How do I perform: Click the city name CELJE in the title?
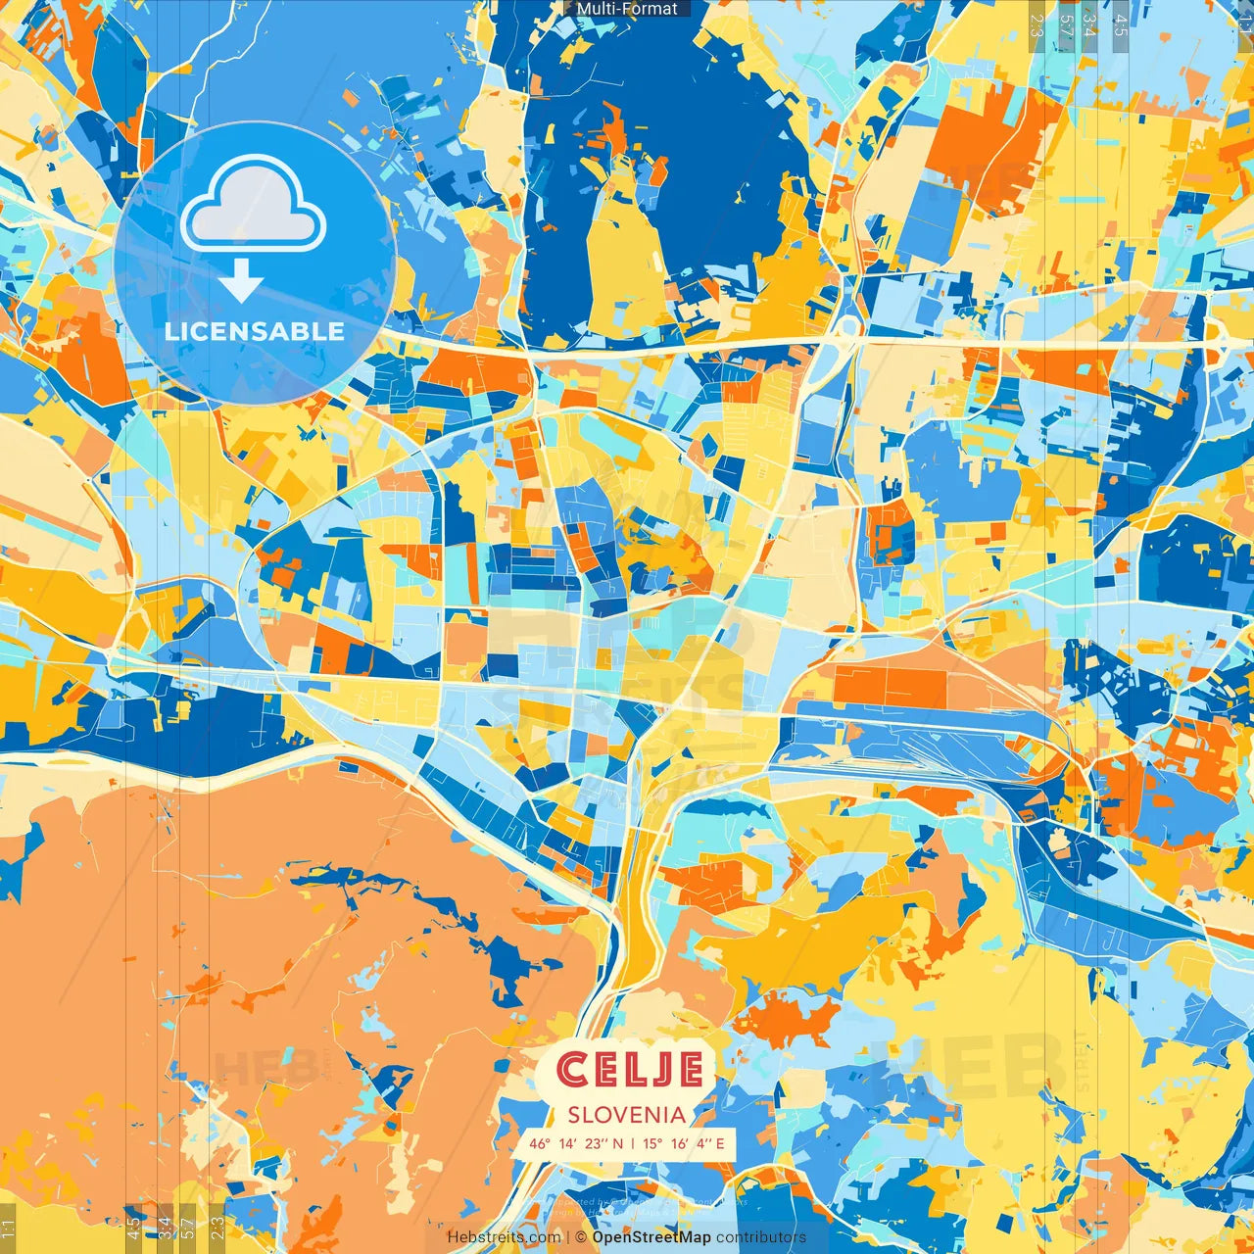coord(629,1070)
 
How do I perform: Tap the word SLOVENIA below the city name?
coord(627,1114)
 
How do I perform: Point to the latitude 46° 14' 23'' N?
coord(576,1143)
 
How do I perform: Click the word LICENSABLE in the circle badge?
coord(255,331)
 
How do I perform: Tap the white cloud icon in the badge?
coord(254,204)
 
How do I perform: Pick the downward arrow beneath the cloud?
coord(240,280)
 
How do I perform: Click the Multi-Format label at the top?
coord(627,9)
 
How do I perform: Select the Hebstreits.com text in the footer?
coord(504,1237)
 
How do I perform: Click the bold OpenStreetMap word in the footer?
coord(651,1237)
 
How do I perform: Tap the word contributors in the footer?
coord(761,1237)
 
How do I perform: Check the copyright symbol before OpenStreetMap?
coord(581,1237)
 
